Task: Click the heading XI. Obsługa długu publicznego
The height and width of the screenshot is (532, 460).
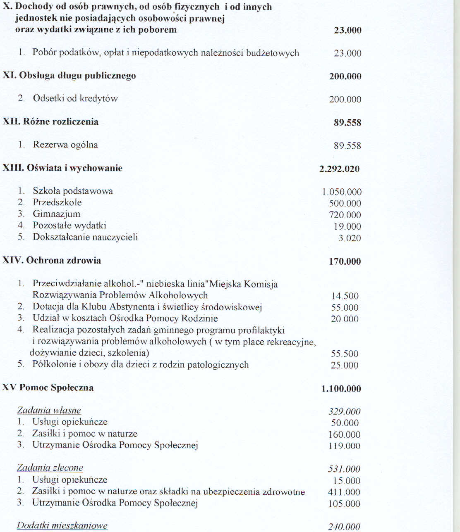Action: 69,76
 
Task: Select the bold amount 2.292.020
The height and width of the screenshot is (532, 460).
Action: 339,169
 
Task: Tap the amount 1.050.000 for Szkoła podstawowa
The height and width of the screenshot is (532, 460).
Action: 341,192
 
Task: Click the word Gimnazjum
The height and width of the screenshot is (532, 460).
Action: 57,214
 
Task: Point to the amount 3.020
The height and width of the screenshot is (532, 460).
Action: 350,238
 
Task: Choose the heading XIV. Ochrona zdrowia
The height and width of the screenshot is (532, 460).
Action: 52,260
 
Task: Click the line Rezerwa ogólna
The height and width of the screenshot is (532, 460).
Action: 65,145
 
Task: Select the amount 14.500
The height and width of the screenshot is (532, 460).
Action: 345,296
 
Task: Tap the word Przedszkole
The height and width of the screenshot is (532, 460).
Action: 57,202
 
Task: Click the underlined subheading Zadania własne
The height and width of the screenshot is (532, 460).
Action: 49,411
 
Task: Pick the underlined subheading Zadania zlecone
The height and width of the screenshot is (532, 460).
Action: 50,468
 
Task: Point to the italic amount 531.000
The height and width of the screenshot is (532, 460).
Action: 344,469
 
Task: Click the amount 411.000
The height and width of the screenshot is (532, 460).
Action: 344,492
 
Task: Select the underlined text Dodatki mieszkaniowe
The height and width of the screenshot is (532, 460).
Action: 62,526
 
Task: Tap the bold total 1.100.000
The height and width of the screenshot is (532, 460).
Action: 341,389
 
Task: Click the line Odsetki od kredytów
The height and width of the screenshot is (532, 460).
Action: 75,99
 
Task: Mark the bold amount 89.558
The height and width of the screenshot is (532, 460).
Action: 347,123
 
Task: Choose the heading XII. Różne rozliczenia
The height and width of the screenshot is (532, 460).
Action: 50,121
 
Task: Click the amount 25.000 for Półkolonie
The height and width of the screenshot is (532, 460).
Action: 344,366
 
